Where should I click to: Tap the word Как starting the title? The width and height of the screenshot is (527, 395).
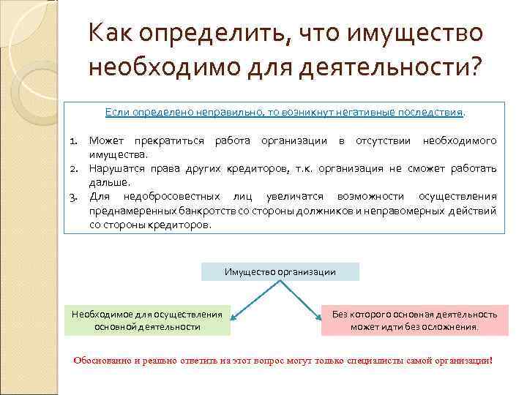click(x=111, y=34)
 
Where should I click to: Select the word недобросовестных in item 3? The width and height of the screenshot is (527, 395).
click(x=168, y=197)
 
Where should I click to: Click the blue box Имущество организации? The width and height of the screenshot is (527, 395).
click(x=280, y=272)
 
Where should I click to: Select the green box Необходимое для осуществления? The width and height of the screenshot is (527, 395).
click(x=147, y=320)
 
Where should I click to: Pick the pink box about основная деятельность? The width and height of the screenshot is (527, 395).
click(x=414, y=320)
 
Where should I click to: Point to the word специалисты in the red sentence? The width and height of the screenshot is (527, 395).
click(x=374, y=361)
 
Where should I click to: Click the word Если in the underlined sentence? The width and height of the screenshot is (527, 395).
click(x=116, y=113)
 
